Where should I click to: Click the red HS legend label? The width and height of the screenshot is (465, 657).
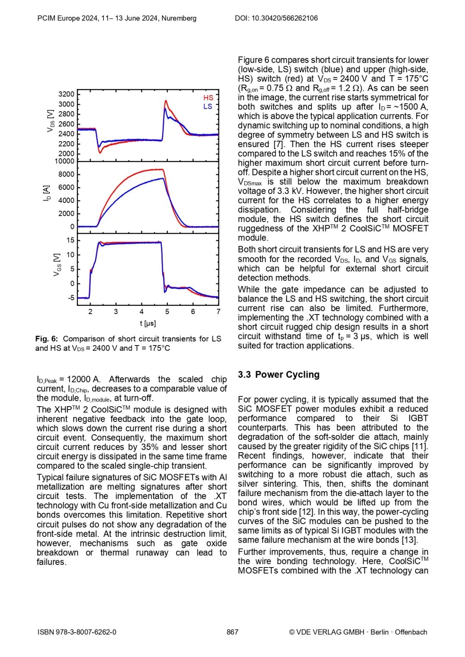(x=208, y=98)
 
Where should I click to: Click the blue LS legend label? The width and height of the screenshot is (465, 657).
(x=208, y=106)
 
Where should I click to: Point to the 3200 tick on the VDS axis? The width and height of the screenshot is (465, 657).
(x=66, y=94)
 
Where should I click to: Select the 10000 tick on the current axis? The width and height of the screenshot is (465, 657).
(x=65, y=161)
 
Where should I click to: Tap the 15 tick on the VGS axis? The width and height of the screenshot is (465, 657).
(x=70, y=240)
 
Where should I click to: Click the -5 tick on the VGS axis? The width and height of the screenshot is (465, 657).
(x=71, y=298)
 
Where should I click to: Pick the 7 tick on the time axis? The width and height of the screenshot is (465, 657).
(x=218, y=312)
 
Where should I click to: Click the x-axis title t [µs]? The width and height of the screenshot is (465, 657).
(x=148, y=323)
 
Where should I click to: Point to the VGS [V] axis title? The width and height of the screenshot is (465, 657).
(x=57, y=265)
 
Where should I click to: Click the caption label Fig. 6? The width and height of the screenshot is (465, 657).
(x=46, y=339)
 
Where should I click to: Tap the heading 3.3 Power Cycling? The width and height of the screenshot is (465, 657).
(x=279, y=374)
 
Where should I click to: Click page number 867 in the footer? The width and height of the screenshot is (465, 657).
(x=232, y=632)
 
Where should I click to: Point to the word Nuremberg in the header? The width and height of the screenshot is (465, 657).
(x=179, y=18)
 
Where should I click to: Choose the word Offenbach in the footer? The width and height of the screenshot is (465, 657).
(x=411, y=632)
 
